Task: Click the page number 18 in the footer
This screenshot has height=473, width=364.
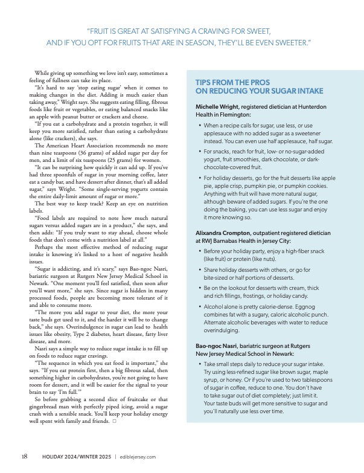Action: (x=24, y=457)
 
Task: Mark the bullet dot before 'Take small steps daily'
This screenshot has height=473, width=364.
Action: (x=200, y=365)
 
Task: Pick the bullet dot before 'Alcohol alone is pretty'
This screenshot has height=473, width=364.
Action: (x=200, y=307)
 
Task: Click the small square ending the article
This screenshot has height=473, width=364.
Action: (x=113, y=421)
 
